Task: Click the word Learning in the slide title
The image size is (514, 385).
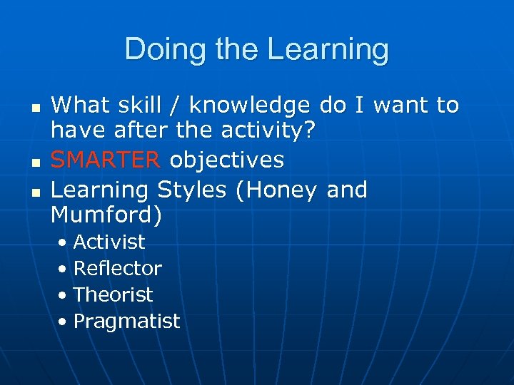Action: pyautogui.click(x=328, y=51)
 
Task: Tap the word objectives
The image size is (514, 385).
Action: pyautogui.click(x=226, y=160)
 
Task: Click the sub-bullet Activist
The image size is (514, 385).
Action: pyautogui.click(x=109, y=242)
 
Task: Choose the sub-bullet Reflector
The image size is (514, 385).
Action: pyautogui.click(x=118, y=268)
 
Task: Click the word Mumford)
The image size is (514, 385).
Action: pyautogui.click(x=106, y=214)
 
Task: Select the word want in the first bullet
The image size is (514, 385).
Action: pyautogui.click(x=400, y=106)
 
